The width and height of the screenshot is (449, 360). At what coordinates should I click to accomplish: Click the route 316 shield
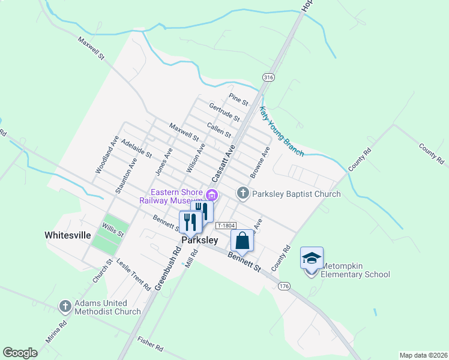click(x=268, y=77)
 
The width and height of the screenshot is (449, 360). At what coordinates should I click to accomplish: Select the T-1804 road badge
click(x=225, y=225)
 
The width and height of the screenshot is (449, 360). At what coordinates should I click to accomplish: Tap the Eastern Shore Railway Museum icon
click(x=211, y=194)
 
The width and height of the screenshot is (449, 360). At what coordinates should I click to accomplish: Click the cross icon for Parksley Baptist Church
click(x=243, y=193)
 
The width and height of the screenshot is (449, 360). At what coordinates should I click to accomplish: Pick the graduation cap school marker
click(x=312, y=258)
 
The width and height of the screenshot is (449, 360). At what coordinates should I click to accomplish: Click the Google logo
click(x=20, y=353)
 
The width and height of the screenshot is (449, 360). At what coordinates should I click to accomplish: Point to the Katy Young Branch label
click(x=282, y=131)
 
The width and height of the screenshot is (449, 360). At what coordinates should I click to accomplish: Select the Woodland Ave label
click(x=107, y=155)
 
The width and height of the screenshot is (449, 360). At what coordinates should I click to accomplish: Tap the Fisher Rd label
click(x=150, y=344)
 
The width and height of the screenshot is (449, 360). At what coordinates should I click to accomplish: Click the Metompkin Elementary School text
click(x=355, y=270)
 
